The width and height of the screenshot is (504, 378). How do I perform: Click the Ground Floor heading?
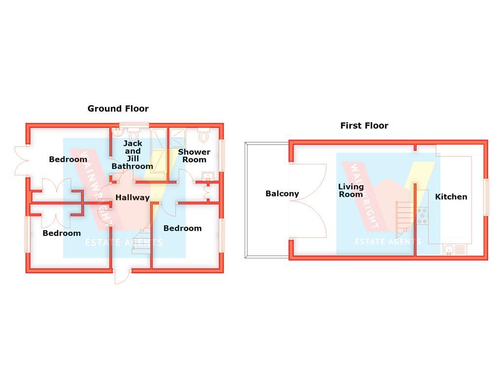(118, 109)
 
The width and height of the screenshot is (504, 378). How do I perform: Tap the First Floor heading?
(364, 126)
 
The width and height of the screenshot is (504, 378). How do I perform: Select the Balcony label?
(282, 193)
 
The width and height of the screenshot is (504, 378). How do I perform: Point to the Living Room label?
(350, 190)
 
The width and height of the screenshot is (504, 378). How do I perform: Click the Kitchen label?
(451, 197)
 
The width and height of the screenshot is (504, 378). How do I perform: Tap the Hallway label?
(132, 197)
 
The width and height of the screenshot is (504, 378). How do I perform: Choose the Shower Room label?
(194, 156)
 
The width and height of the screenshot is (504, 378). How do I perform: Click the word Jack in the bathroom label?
(133, 143)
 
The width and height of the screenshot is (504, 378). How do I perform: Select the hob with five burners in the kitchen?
(422, 216)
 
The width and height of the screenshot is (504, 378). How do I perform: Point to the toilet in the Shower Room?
(203, 135)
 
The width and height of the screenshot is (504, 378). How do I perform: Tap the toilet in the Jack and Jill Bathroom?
(133, 135)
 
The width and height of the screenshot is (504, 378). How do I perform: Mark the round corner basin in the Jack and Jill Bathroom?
(117, 132)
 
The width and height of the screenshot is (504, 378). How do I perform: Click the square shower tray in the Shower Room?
(177, 138)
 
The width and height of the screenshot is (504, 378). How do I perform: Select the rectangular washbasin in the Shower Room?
(208, 176)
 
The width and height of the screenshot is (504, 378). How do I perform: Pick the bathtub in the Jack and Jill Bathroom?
(158, 151)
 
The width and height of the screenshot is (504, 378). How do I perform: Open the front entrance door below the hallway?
(122, 277)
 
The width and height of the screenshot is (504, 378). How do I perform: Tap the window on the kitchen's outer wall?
(486, 197)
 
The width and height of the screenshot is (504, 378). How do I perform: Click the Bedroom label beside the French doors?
(68, 159)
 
